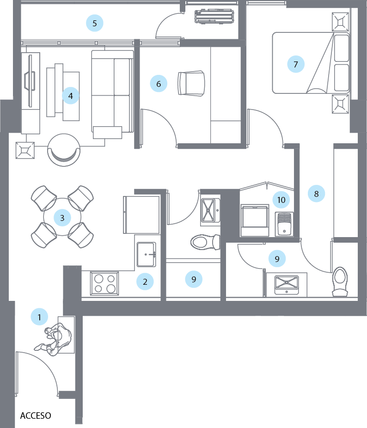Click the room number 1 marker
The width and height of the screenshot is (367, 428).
(40, 318)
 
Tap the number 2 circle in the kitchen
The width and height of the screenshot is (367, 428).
(145, 281)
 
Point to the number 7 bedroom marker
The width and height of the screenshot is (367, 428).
(296, 64)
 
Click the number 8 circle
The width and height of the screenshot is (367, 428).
(317, 194)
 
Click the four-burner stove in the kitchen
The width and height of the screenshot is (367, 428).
(104, 283)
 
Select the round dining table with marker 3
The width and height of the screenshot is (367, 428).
(62, 217)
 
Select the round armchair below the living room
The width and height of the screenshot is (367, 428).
(64, 149)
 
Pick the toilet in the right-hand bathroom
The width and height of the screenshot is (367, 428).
(341, 280)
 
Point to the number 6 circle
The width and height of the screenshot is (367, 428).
(159, 84)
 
